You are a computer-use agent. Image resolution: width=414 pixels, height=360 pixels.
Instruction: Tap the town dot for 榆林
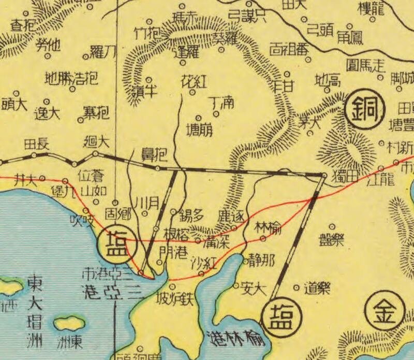263,238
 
